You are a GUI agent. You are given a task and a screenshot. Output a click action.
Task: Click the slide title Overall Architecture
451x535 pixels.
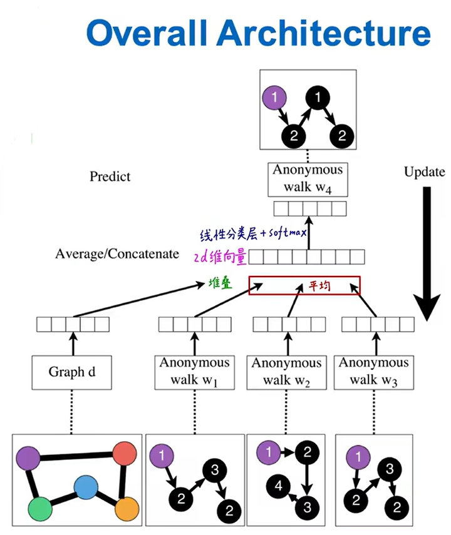coord(258,33)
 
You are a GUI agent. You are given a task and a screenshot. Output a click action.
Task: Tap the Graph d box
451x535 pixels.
coord(73,372)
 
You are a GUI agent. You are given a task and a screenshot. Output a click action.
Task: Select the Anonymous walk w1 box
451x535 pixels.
coord(194,372)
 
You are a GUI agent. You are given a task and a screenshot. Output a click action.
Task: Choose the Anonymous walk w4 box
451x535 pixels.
coord(308,178)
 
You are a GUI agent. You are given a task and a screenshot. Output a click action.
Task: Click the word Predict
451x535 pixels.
coord(110,176)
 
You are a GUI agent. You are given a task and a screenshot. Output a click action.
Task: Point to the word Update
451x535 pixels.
coord(424,172)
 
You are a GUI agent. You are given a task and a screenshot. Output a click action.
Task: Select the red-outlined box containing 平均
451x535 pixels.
coord(304,285)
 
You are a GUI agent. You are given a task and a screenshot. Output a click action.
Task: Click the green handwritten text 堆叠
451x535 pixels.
coord(220,283)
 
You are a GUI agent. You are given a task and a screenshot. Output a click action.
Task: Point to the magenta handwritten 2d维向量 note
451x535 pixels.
coord(220,255)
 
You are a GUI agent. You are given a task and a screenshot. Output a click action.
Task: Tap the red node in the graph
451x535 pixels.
coord(123,454)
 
